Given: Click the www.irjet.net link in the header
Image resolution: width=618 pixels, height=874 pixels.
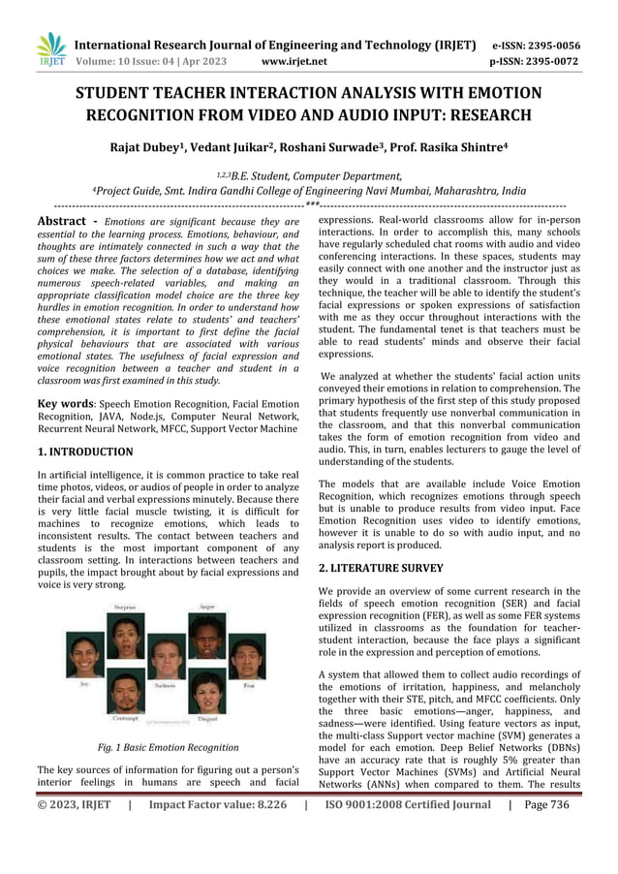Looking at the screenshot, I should [x=294, y=62].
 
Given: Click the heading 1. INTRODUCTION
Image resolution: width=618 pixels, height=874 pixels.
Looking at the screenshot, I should [x=85, y=452].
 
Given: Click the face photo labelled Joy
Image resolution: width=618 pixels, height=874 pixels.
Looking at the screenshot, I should [x=85, y=656].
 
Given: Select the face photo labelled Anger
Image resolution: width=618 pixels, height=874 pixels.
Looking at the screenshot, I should [x=207, y=635].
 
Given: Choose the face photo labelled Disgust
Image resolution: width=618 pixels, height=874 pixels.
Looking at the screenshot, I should [x=207, y=693].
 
